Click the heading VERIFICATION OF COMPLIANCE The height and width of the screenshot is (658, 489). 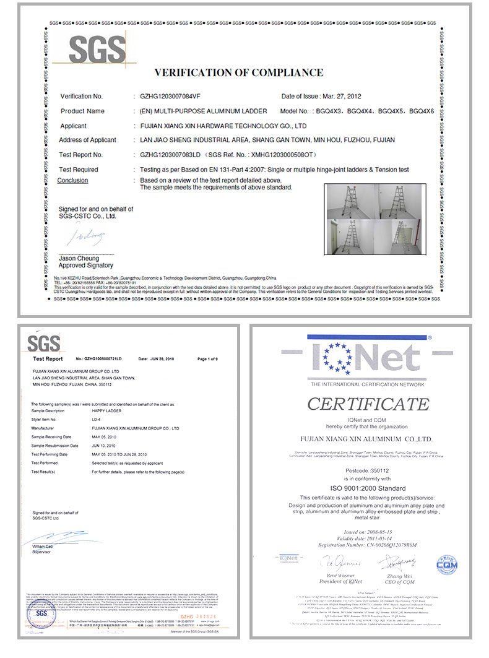coord(238,72)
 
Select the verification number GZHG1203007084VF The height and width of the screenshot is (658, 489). coord(168,97)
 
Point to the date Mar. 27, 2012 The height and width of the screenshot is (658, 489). coord(342,97)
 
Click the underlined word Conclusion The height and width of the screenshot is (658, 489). coord(72,180)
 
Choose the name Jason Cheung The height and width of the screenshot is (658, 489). coord(80,258)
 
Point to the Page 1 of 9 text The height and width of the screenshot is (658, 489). coord(207,359)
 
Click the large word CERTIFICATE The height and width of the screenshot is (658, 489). coord(369,405)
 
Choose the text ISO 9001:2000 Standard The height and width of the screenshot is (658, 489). coord(368,487)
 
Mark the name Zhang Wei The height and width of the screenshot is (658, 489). coord(400,576)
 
